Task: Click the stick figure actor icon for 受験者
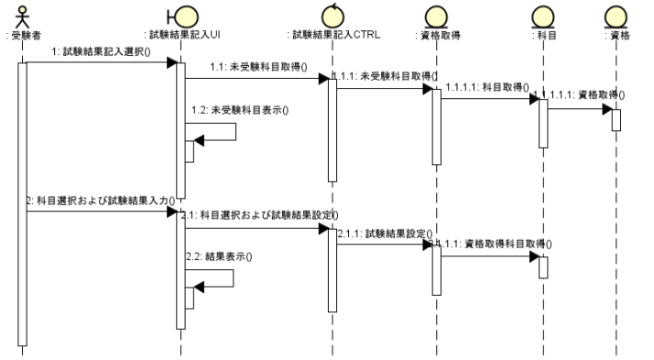pyautogui.click(x=25, y=16)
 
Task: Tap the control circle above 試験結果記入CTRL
pyautogui.click(x=332, y=15)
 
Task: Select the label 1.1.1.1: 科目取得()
pyautogui.click(x=488, y=87)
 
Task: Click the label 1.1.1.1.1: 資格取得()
pyautogui.click(x=587, y=94)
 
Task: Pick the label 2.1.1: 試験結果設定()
pyautogui.click(x=385, y=234)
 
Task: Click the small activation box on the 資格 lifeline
pyautogui.click(x=616, y=120)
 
